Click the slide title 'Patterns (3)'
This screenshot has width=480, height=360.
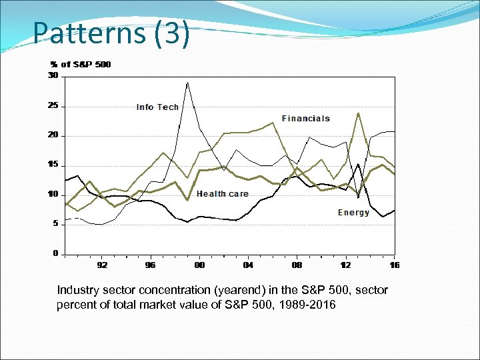[x=111, y=33]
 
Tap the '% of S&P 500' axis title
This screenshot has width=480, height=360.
[x=81, y=65]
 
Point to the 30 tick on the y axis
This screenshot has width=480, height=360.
[x=53, y=76]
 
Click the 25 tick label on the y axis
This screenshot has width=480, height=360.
[x=53, y=106]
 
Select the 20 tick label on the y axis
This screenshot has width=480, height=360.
[x=53, y=135]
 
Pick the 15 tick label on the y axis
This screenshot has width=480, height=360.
[x=53, y=165]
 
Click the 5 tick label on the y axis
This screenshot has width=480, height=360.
[x=55, y=224]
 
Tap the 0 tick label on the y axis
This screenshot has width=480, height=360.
[x=55, y=253]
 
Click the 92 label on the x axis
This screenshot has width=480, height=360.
[x=102, y=265]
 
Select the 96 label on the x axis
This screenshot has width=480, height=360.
[x=151, y=265]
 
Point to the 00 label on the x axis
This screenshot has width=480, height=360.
[x=199, y=265]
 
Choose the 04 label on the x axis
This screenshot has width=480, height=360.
[x=248, y=265]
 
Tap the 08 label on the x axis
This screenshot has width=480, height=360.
[x=297, y=265]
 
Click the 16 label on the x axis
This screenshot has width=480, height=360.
[x=394, y=265]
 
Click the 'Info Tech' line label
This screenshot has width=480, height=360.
[x=157, y=107]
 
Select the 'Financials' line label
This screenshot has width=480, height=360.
[x=305, y=119]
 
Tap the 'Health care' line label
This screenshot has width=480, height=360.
[x=222, y=194]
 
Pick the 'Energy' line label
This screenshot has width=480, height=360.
[x=353, y=213]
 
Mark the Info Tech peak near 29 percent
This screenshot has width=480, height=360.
[x=187, y=83]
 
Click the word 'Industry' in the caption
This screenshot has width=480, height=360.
[x=76, y=290]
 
